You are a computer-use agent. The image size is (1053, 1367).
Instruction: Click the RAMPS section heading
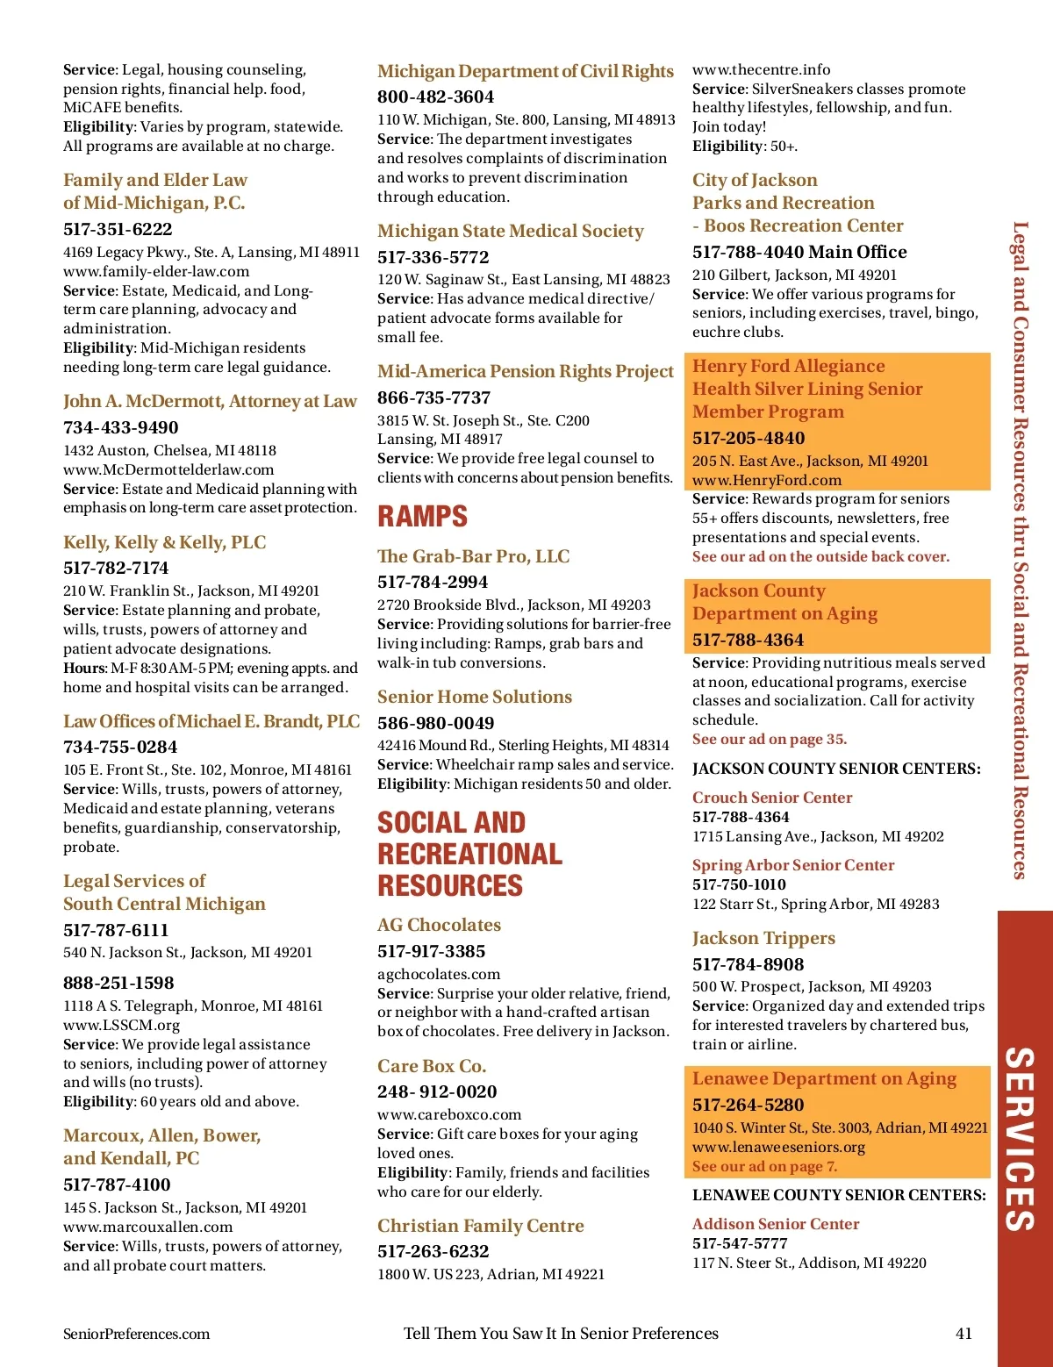click(422, 517)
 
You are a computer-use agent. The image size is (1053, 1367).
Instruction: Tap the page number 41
click(963, 1334)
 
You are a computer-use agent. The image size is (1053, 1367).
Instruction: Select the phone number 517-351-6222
click(118, 230)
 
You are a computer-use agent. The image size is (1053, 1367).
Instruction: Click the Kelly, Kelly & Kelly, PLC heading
click(164, 542)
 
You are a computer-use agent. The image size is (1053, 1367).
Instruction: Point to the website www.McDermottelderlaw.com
click(168, 469)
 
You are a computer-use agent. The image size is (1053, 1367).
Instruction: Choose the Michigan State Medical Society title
click(510, 232)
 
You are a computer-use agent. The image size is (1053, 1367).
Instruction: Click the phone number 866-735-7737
click(433, 398)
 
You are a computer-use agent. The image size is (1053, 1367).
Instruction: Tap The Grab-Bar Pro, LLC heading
click(473, 556)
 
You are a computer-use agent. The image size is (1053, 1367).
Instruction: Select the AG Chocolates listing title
click(439, 926)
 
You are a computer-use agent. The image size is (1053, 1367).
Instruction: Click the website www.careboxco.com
click(449, 1114)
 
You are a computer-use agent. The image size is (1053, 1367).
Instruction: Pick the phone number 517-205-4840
click(748, 439)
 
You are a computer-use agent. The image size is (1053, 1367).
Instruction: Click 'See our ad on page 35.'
click(769, 740)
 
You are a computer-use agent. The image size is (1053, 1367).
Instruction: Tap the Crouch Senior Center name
click(771, 798)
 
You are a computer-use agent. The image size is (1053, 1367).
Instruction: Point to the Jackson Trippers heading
click(763, 939)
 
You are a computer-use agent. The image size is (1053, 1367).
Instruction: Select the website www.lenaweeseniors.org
click(778, 1147)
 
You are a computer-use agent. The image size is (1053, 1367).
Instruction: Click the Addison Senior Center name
click(775, 1224)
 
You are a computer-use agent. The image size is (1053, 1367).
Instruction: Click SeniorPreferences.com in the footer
click(136, 1334)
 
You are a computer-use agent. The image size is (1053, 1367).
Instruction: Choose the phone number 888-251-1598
click(118, 984)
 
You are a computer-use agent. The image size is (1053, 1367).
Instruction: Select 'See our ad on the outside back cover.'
click(820, 557)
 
